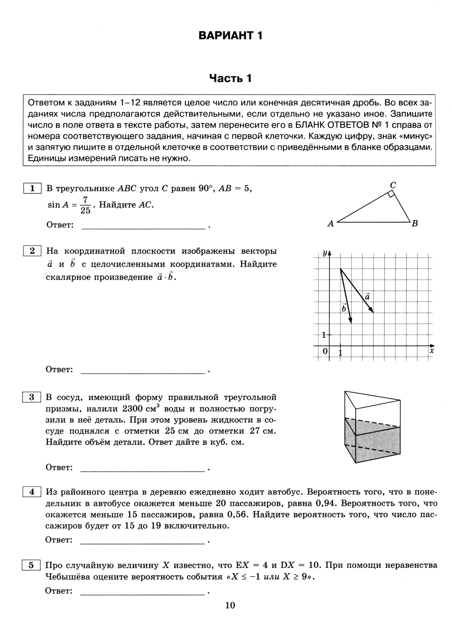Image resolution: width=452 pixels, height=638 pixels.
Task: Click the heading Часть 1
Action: (230, 79)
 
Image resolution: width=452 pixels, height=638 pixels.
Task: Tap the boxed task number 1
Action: (32, 189)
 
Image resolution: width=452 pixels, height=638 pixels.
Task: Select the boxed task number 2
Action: (32, 251)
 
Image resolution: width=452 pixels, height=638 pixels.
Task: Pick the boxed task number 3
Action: (32, 397)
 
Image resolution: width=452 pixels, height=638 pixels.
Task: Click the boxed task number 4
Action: (32, 491)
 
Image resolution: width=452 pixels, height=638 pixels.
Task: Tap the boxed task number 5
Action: (32, 565)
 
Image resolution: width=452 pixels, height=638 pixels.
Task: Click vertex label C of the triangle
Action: (393, 184)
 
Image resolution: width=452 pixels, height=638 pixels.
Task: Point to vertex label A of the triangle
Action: (330, 223)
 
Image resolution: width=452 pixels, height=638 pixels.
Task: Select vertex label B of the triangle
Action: (414, 223)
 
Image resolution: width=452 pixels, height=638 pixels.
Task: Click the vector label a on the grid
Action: (367, 297)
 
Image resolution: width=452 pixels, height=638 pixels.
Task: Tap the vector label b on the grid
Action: (344, 308)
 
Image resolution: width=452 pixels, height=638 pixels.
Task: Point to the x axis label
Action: (431, 350)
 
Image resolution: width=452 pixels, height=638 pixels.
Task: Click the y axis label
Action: (324, 253)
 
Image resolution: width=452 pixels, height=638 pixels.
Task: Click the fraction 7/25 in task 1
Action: (85, 205)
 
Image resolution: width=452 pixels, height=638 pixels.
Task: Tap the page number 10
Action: (230, 605)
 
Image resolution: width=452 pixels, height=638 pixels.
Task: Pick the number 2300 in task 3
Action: (134, 409)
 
